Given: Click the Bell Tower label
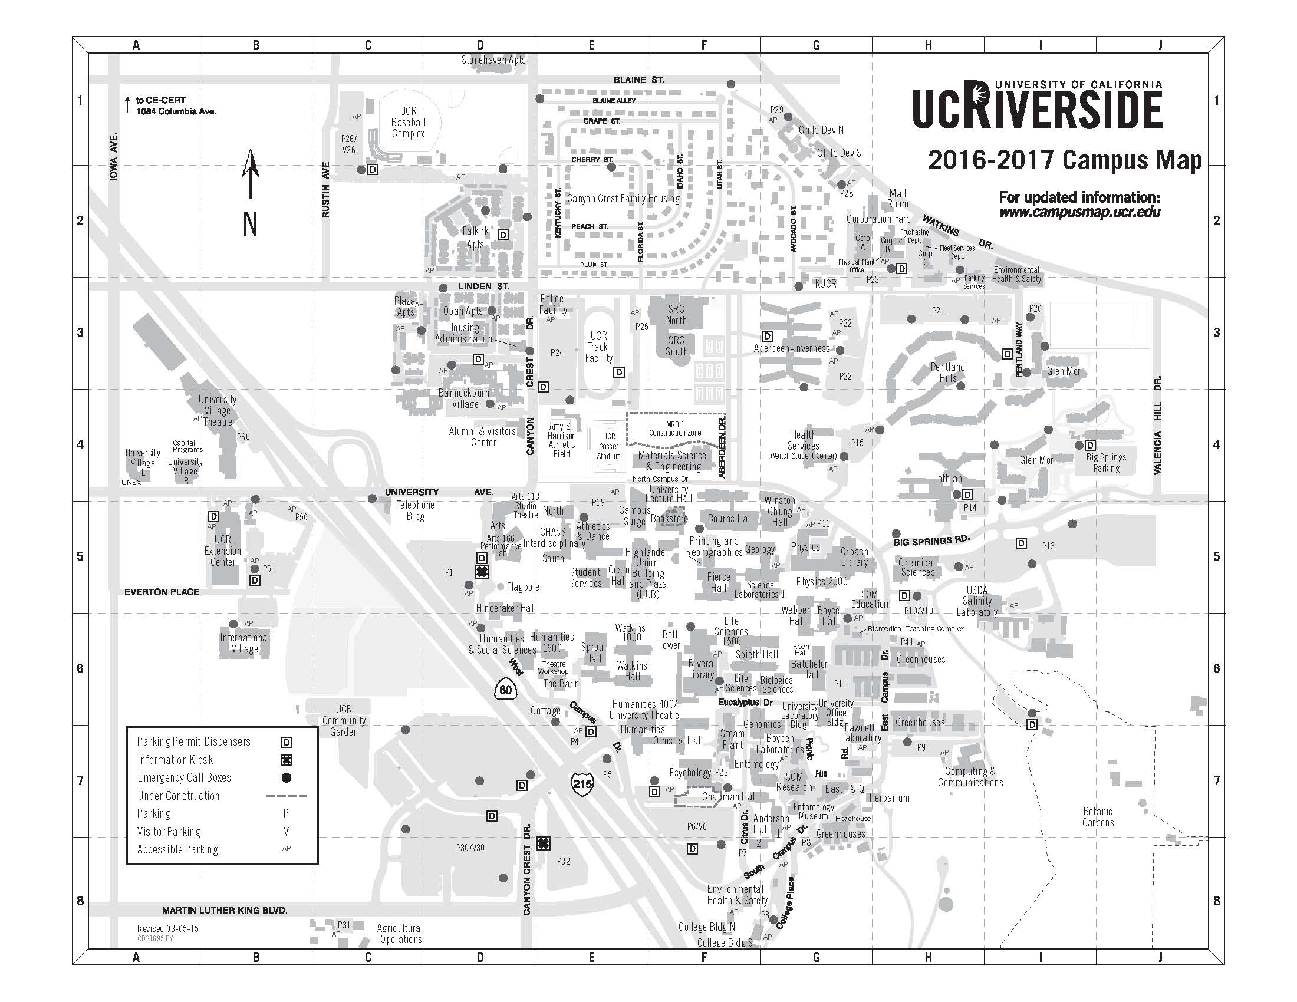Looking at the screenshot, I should [x=669, y=640].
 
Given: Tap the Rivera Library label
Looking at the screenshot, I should [x=701, y=669].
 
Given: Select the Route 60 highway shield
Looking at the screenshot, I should [x=505, y=690].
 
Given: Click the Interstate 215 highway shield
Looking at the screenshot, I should [x=582, y=783].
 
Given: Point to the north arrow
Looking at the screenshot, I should [x=251, y=175].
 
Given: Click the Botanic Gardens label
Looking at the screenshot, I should [x=1098, y=817].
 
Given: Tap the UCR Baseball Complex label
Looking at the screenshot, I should [x=408, y=122].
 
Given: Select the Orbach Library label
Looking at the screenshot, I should [x=854, y=557].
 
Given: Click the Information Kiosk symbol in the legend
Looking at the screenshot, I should [x=287, y=760].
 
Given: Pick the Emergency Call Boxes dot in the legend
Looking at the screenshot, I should [x=287, y=777].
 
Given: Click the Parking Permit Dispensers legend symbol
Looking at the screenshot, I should [x=287, y=742].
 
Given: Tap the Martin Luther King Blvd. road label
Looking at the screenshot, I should [x=225, y=910].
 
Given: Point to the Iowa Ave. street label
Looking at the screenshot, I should [x=114, y=157].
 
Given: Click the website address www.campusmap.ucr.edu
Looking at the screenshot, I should [x=1079, y=212].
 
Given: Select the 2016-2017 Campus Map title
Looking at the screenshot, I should [x=1065, y=160].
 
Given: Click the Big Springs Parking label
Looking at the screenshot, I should [x=1106, y=463].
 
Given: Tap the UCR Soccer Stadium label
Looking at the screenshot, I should [x=609, y=446].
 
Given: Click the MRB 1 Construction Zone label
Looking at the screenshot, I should [x=674, y=429].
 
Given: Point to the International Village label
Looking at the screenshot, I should [x=245, y=643].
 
